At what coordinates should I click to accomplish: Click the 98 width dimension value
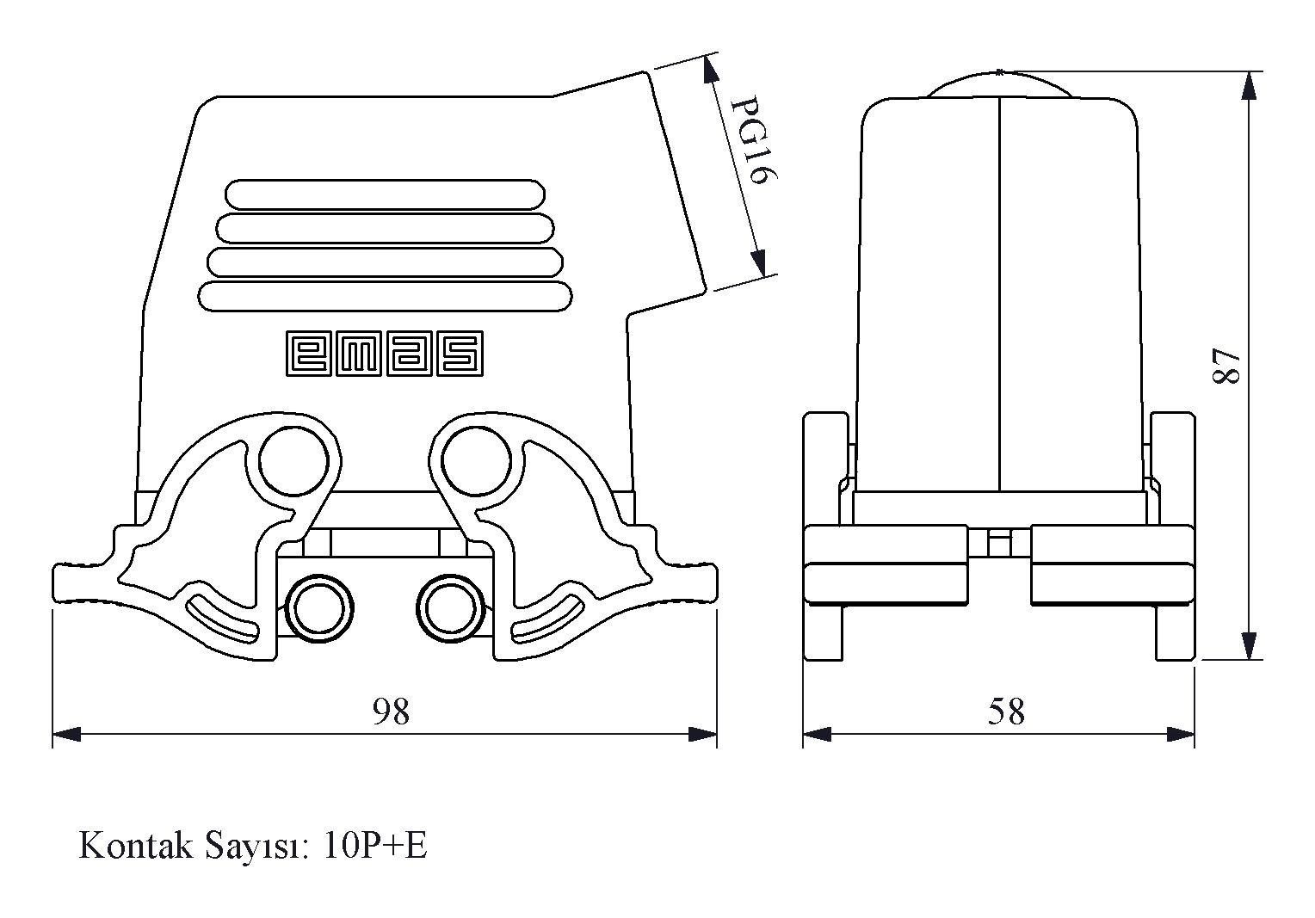tap(391, 711)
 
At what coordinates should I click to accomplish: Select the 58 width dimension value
tap(1006, 712)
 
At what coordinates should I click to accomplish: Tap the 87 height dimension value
tap(1225, 367)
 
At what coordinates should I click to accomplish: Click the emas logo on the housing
tap(384, 354)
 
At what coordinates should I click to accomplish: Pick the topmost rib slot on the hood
tap(385, 194)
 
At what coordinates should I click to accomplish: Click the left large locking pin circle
tap(293, 462)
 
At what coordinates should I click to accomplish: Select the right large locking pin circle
tap(475, 462)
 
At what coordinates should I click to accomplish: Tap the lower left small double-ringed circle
tap(319, 607)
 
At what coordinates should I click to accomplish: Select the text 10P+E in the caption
tap(376, 846)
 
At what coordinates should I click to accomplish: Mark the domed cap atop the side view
tap(1001, 84)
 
